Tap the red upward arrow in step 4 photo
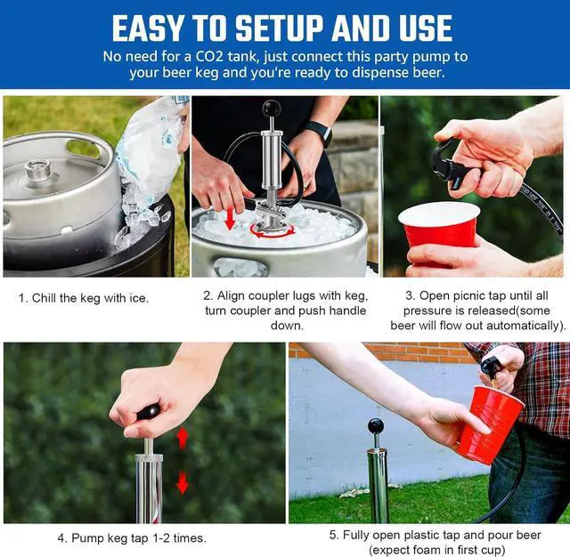tap(182, 438)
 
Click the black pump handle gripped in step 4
tap(149, 413)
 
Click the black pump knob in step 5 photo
tap(376, 426)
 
